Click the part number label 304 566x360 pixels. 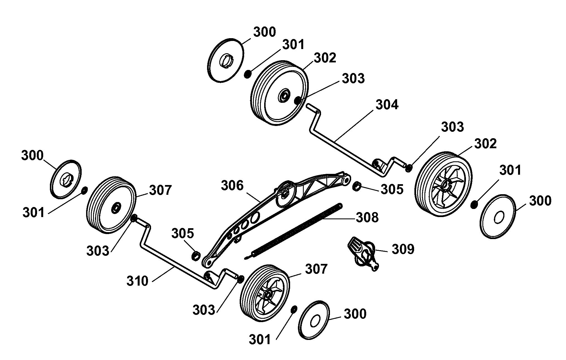coord(387,105)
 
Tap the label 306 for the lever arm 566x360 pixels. coord(232,186)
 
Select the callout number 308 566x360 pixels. coord(367,218)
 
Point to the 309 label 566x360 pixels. coord(403,249)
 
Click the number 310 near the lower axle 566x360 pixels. coord(137,281)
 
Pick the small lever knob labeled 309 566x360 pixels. coord(363,253)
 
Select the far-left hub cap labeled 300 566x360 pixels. coord(66,179)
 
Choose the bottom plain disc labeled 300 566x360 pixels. coord(314,320)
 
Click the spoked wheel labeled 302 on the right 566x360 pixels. coord(444,184)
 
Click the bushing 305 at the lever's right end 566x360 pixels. coord(357,186)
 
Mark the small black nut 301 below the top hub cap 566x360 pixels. coord(247,74)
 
